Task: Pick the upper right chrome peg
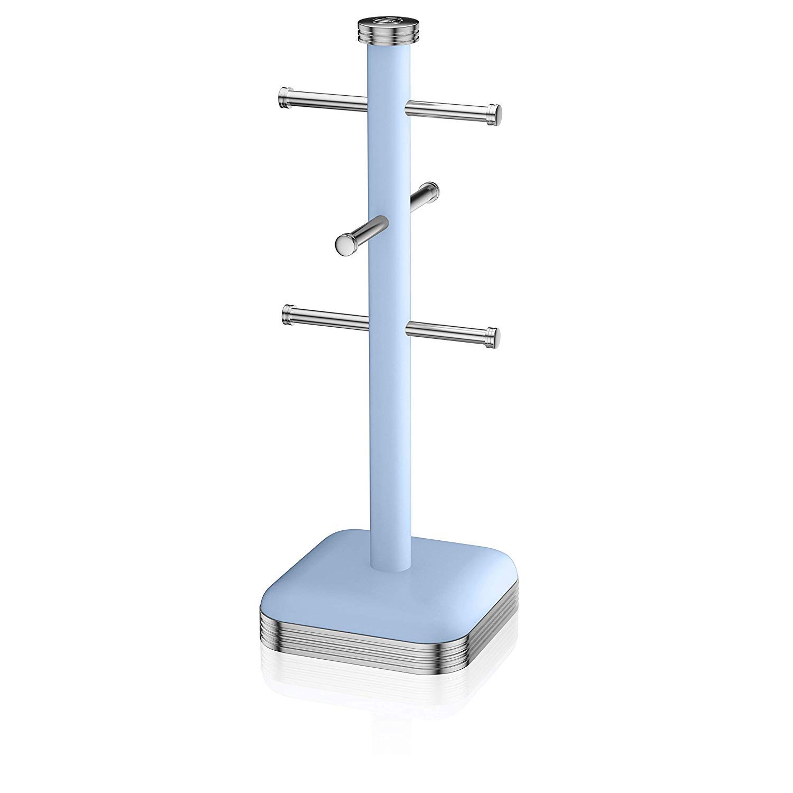[x=449, y=109]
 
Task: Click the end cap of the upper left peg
[x=284, y=97]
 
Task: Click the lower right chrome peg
[x=449, y=331]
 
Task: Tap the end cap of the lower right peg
[x=492, y=335]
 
